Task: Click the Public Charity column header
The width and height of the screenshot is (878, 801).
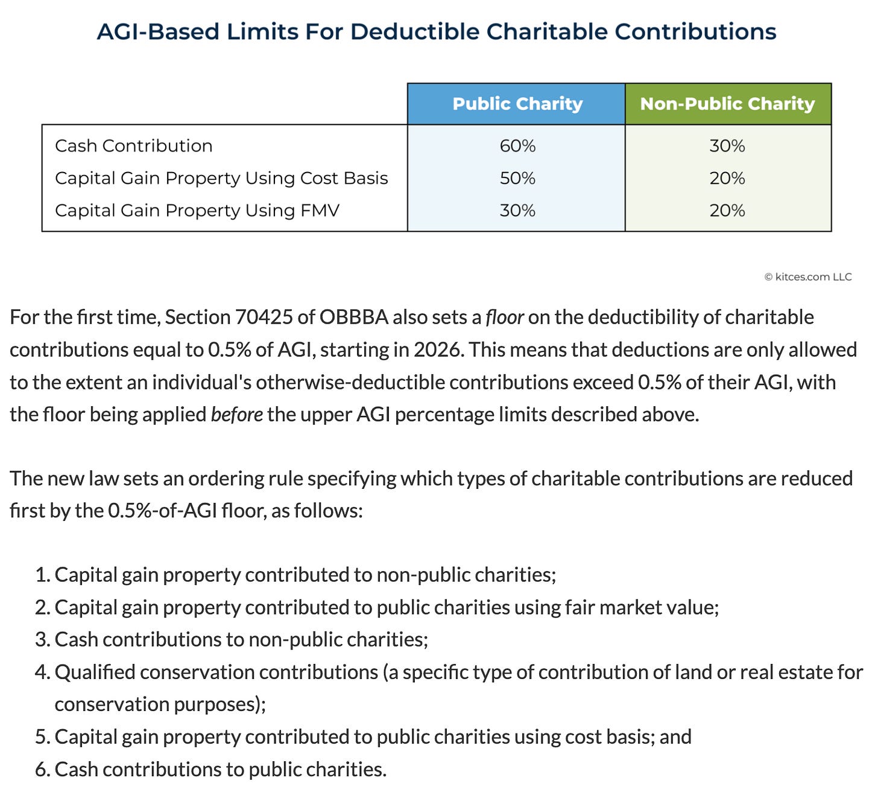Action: click(517, 104)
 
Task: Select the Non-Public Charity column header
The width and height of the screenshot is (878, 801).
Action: click(727, 104)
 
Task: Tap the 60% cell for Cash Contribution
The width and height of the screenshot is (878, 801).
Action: click(517, 146)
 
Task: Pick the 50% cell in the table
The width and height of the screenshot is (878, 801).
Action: click(517, 179)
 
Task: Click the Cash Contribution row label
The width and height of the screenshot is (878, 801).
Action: click(133, 146)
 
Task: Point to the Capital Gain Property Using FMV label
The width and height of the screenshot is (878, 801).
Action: click(197, 211)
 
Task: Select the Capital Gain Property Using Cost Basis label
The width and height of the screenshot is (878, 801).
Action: click(221, 179)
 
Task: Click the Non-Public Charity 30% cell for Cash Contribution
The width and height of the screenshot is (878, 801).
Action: click(727, 146)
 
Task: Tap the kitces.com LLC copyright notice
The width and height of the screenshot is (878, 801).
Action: click(808, 277)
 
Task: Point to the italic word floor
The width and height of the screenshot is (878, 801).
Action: click(504, 318)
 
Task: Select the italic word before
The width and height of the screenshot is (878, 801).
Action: click(236, 415)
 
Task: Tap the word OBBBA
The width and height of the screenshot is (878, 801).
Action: click(353, 318)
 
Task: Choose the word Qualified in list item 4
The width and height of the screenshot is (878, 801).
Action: click(95, 672)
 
